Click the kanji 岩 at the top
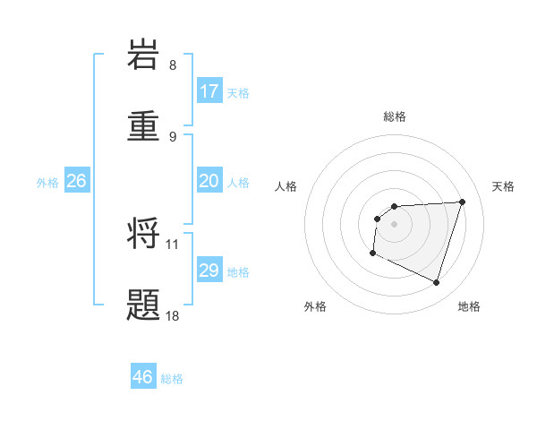click(x=144, y=55)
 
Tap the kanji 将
click(x=144, y=234)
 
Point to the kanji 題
click(x=144, y=304)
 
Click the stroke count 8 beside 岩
click(x=173, y=65)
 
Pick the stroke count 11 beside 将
click(x=173, y=244)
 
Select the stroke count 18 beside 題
click(x=173, y=315)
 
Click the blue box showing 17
click(x=209, y=91)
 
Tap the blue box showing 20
click(x=209, y=181)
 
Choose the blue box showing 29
click(x=209, y=271)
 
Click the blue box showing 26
click(x=76, y=181)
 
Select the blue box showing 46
click(x=143, y=377)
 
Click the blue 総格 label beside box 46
click(x=172, y=379)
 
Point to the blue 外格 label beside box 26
click(x=47, y=183)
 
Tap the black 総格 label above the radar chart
click(x=395, y=116)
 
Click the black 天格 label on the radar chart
click(x=504, y=186)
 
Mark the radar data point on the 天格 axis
click(x=462, y=202)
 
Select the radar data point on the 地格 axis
click(x=436, y=282)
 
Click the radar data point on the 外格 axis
click(x=372, y=253)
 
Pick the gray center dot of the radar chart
click(x=395, y=224)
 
